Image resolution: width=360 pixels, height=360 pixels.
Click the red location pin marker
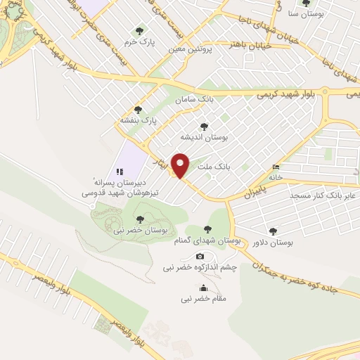tap(181, 165)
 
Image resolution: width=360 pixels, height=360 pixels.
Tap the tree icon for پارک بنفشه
tap(137, 110)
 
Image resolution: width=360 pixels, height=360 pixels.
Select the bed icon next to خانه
tap(275, 167)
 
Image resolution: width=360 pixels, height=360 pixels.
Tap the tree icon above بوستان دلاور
tap(273, 231)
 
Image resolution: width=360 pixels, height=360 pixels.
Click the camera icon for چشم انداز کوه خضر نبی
tap(200, 256)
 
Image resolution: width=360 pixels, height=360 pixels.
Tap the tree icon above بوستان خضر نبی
tap(140, 219)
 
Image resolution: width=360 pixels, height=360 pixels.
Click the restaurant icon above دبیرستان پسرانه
tap(120, 171)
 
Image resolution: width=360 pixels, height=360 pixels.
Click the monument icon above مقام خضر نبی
tap(203, 287)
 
